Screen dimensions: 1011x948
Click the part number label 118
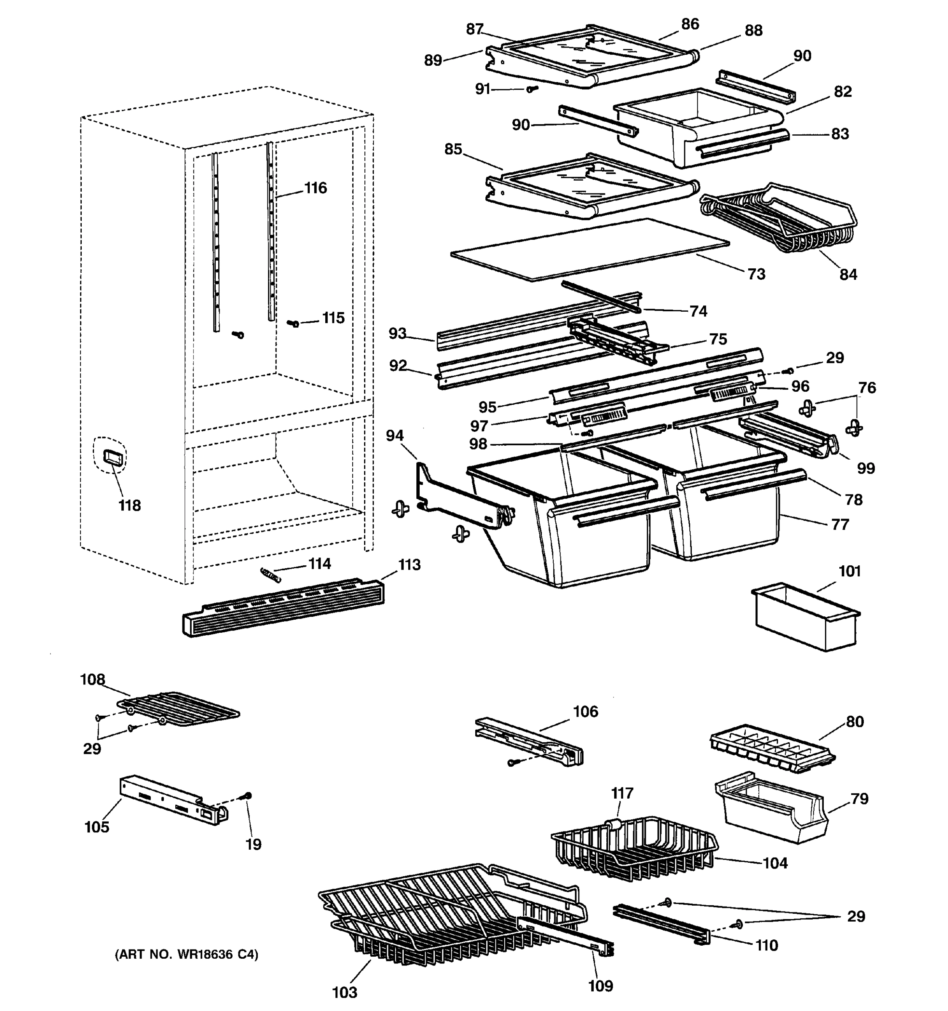pyautogui.click(x=129, y=505)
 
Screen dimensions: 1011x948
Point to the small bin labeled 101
pyautogui.click(x=805, y=618)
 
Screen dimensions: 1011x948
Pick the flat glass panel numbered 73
pyautogui.click(x=589, y=249)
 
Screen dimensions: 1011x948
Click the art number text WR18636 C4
pyautogui.click(x=186, y=955)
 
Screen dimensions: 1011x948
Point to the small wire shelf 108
pyautogui.click(x=178, y=709)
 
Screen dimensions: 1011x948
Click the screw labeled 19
pyautogui.click(x=248, y=795)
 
